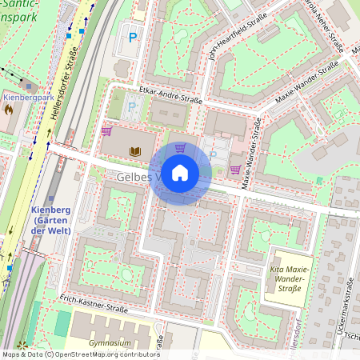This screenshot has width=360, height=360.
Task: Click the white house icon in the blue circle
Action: coord(181,172)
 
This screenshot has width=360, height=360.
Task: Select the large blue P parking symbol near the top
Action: coord(133,37)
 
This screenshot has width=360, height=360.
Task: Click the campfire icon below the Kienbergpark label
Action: coord(9,110)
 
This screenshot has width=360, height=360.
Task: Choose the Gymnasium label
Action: coord(110,343)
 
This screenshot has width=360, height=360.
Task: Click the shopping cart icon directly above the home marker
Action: coord(180,147)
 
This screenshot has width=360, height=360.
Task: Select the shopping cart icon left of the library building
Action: coord(106,131)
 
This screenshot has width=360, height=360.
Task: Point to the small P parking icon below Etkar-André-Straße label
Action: coord(132,105)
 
